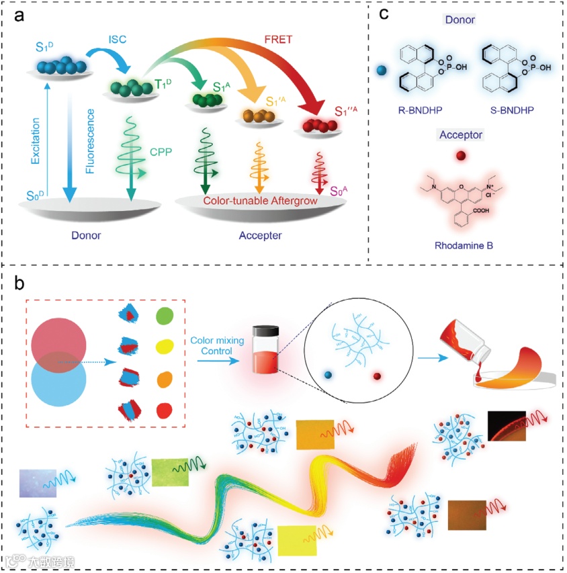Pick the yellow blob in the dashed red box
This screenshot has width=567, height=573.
[x=165, y=348]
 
